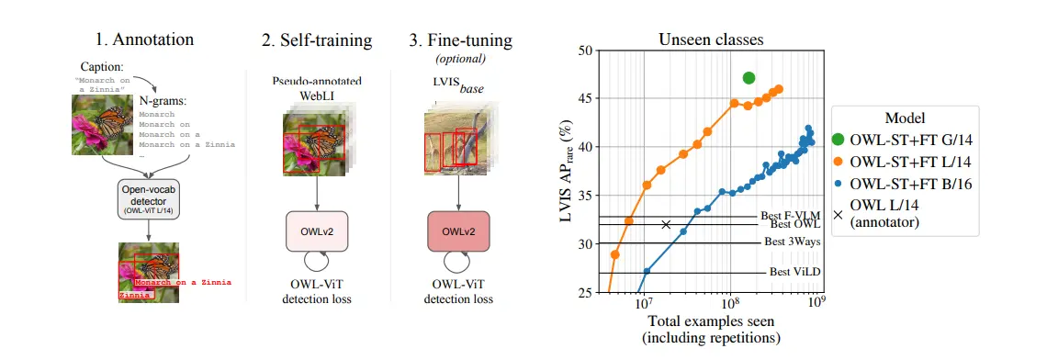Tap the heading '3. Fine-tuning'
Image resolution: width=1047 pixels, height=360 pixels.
(x=459, y=39)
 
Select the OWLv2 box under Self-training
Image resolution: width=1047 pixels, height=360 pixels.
(x=315, y=231)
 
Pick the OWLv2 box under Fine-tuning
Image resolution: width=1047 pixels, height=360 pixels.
(x=458, y=231)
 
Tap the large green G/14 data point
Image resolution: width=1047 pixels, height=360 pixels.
(x=749, y=78)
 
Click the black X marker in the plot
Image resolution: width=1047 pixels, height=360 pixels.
(x=666, y=224)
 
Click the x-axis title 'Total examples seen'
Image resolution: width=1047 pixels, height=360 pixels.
(x=711, y=321)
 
